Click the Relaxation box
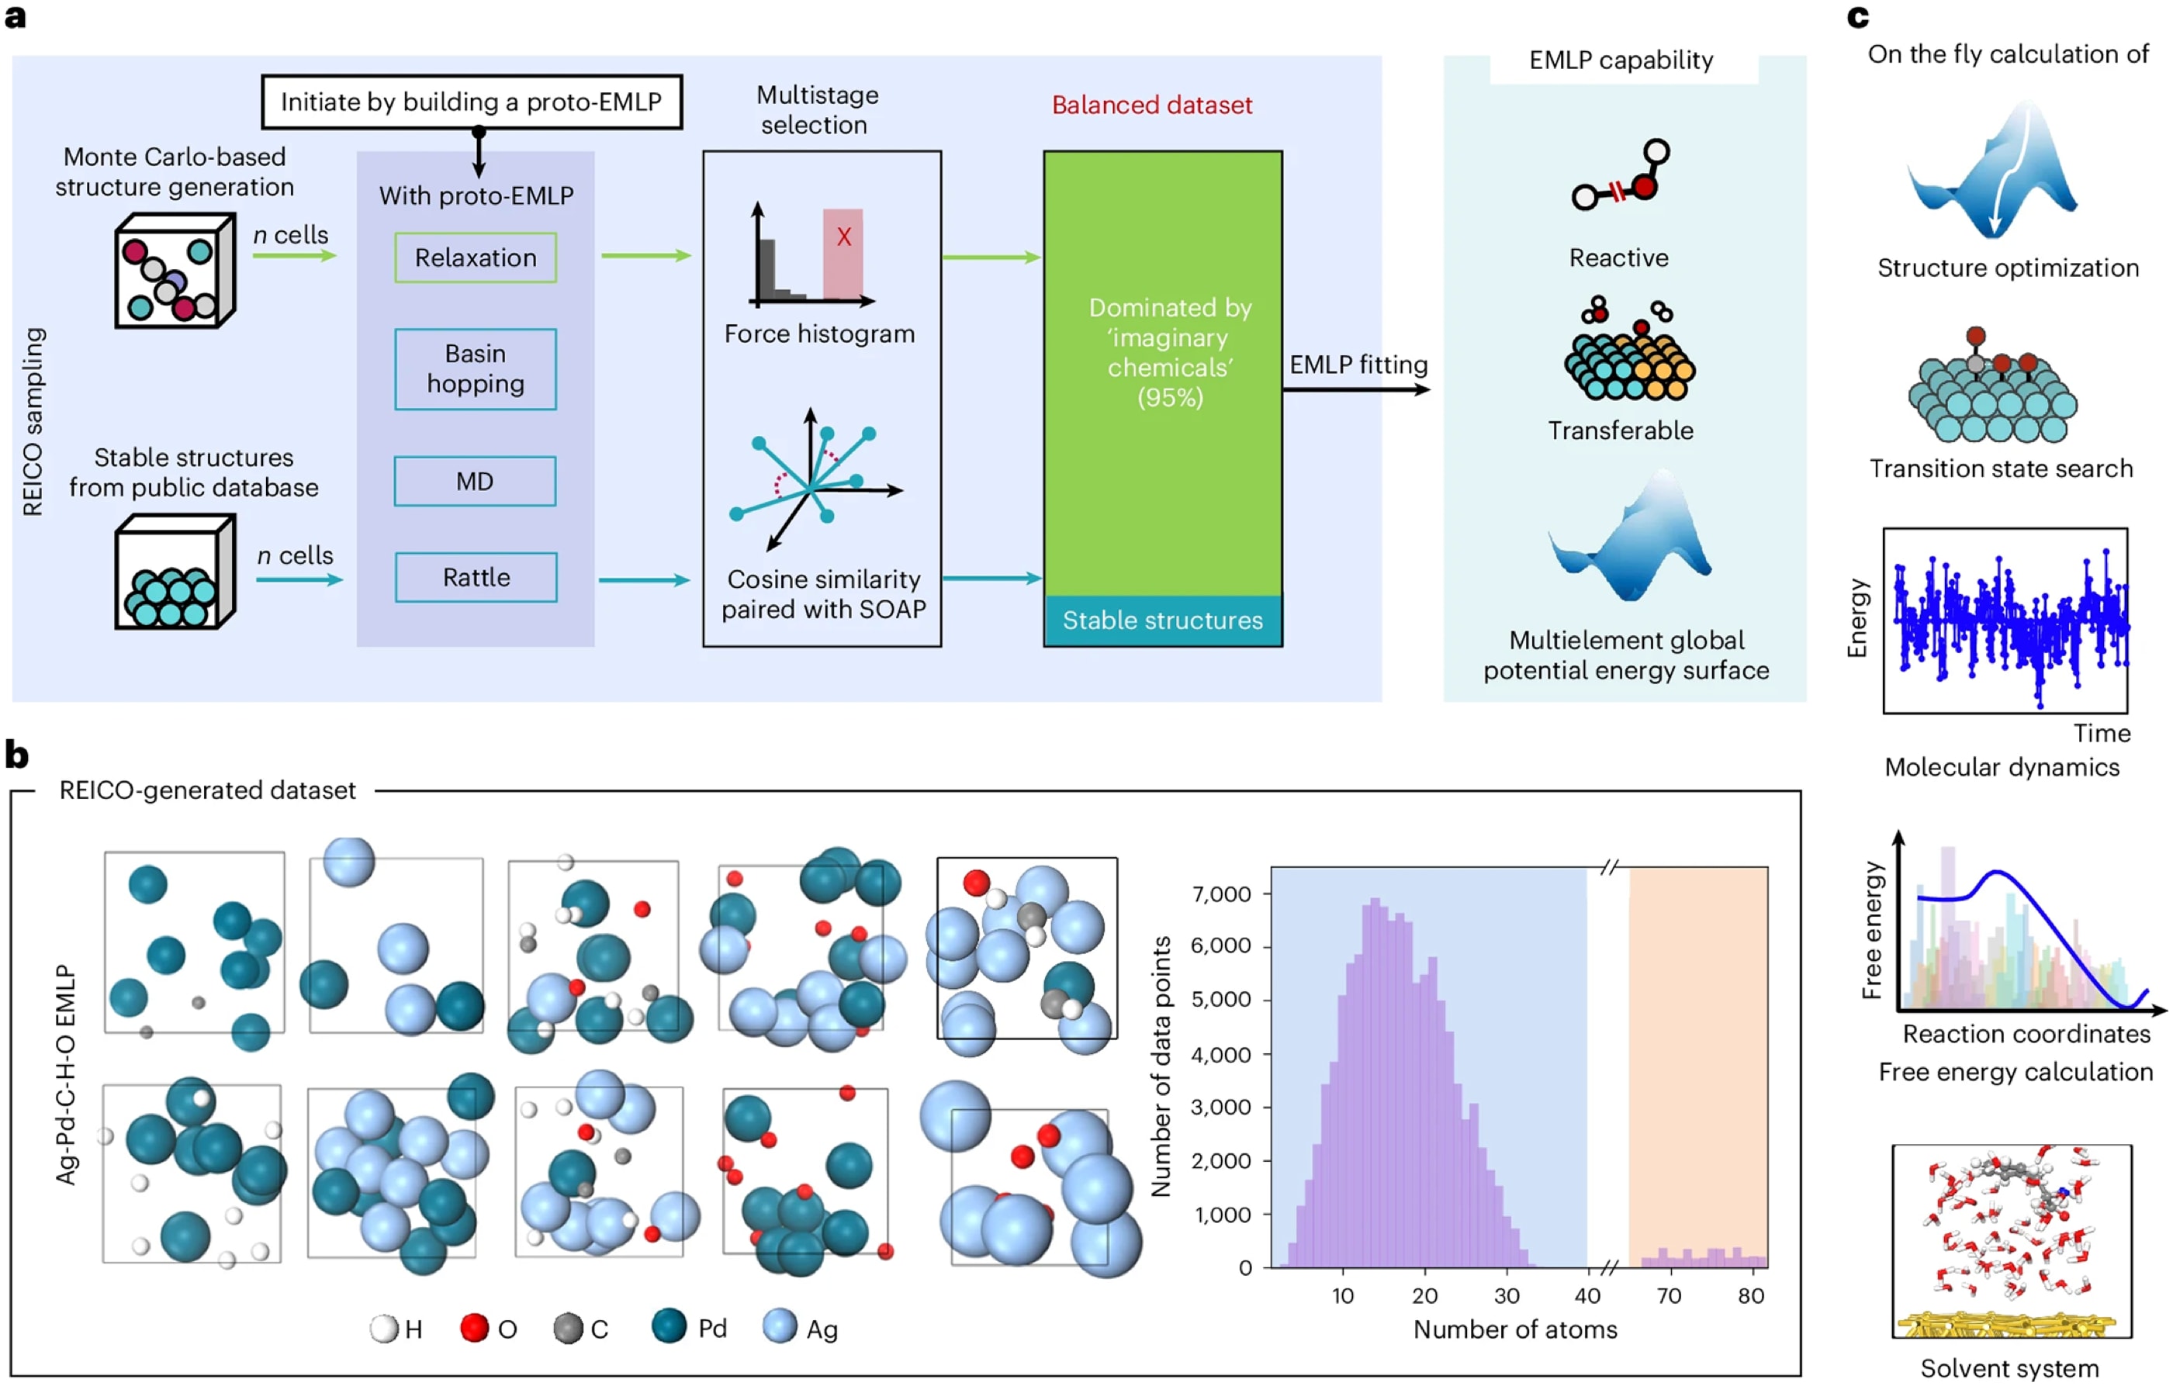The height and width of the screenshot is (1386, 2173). click(x=476, y=258)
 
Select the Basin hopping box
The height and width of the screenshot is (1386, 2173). click(x=476, y=369)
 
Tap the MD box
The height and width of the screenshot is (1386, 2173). click(x=475, y=481)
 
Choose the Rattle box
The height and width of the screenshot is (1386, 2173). click(x=476, y=578)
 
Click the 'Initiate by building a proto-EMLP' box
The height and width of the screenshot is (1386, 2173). click(x=472, y=102)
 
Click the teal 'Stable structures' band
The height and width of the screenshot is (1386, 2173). click(x=1163, y=620)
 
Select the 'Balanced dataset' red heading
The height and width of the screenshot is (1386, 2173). click(x=1152, y=105)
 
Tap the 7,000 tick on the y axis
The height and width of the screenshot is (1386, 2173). click(x=1222, y=894)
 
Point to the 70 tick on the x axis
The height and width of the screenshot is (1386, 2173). click(x=1669, y=1296)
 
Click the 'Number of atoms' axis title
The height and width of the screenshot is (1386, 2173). click(x=1515, y=1329)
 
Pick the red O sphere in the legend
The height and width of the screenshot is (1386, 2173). click(x=475, y=1327)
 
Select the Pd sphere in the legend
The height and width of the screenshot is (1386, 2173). click(x=669, y=1326)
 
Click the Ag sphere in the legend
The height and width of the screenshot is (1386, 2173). click(x=780, y=1326)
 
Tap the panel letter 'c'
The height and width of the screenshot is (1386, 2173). click(x=1857, y=17)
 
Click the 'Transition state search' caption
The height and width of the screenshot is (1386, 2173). click(x=2002, y=468)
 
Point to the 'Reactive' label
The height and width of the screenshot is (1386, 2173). click(x=1619, y=258)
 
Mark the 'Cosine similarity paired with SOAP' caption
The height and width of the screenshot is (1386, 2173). click(x=824, y=594)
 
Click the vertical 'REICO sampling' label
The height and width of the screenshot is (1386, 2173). click(x=33, y=421)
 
